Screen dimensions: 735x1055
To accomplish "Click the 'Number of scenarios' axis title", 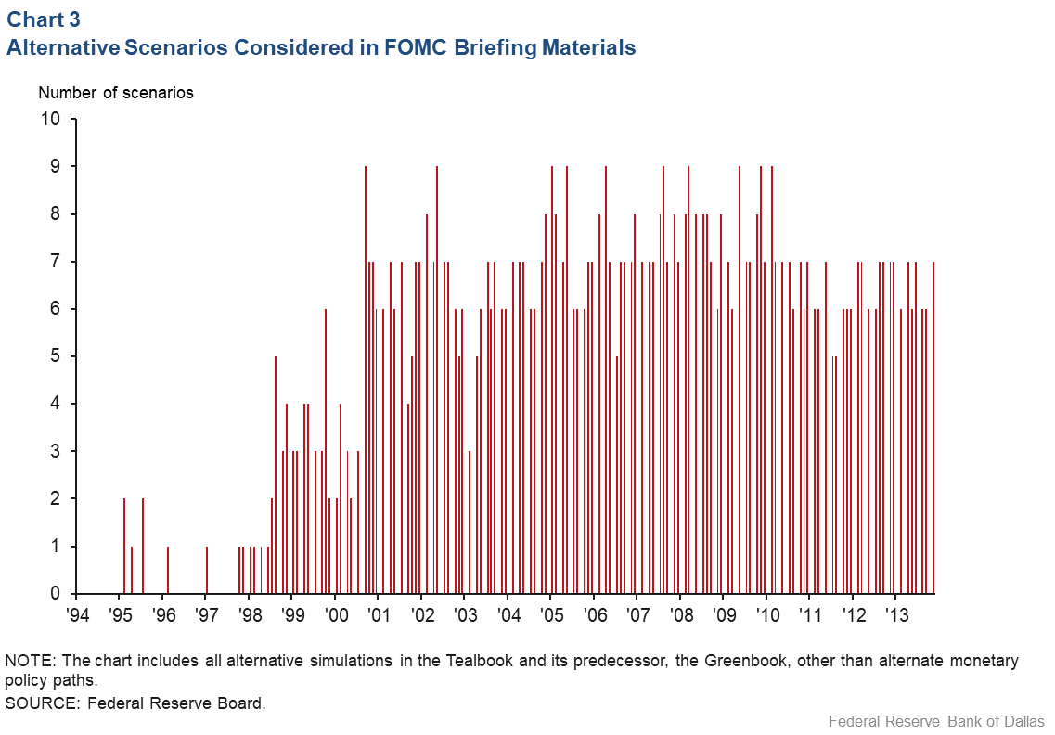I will (115, 93).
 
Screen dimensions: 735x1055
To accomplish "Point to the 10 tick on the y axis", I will (50, 120).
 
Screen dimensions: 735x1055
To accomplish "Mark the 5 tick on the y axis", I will (55, 356).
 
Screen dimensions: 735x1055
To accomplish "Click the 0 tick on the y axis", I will (55, 593).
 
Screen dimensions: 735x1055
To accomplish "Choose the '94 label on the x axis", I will (77, 614).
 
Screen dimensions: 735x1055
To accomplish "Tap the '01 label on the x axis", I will (379, 614).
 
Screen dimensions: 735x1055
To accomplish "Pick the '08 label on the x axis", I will (680, 614).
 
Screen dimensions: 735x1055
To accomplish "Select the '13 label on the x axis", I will (896, 614).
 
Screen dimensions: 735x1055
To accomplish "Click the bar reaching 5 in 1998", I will (276, 473).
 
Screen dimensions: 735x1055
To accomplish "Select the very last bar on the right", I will (933, 427).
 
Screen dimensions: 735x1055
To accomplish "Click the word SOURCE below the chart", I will (41, 703).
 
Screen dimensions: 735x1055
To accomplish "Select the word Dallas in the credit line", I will (1024, 721).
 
